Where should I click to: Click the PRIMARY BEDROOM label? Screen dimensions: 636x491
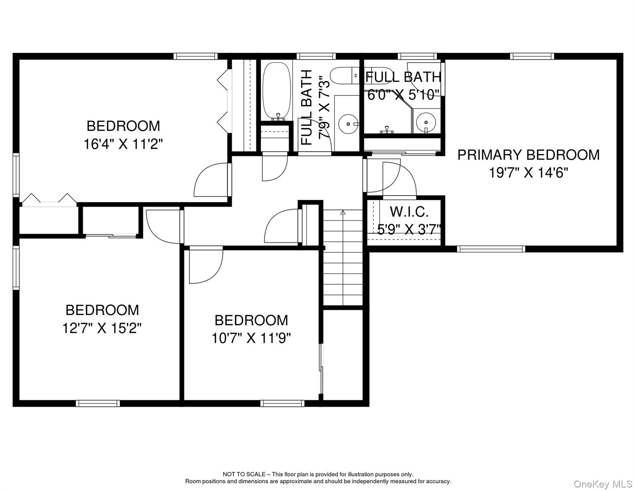(x=528, y=155)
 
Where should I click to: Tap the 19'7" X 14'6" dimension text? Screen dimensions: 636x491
(x=529, y=173)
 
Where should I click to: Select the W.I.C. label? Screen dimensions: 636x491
(x=409, y=212)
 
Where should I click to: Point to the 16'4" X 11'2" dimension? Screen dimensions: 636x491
(x=123, y=144)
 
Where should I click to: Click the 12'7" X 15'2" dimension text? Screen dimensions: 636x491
(x=102, y=328)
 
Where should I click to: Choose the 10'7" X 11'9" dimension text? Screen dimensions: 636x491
(x=251, y=338)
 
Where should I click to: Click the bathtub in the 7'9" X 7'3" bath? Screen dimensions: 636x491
(x=277, y=91)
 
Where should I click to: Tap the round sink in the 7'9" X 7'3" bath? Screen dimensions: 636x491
(x=348, y=124)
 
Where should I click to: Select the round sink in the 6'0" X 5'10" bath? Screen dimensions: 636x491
(x=426, y=122)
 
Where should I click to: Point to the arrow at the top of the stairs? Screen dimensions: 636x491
(x=343, y=212)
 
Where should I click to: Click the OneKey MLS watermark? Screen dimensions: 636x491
(x=603, y=484)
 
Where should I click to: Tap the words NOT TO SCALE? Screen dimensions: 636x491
(x=244, y=474)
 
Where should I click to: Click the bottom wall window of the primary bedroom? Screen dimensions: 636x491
(x=491, y=249)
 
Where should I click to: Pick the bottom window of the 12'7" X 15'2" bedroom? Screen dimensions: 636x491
(x=98, y=403)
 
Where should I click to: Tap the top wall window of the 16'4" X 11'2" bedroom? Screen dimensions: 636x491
(x=195, y=56)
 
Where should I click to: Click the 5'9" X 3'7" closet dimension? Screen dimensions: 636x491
(x=409, y=230)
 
